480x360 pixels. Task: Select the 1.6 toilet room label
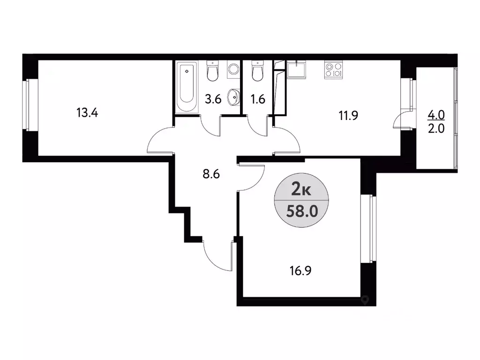point(258,99)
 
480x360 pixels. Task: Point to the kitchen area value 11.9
point(349,115)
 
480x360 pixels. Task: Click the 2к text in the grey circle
point(300,190)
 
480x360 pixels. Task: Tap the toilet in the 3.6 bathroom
point(212,71)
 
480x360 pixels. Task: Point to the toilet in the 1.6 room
point(257,71)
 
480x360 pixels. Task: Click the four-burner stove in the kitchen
point(333,69)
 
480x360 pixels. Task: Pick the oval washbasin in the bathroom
point(232,98)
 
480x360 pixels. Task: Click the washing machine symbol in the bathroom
point(233,69)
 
